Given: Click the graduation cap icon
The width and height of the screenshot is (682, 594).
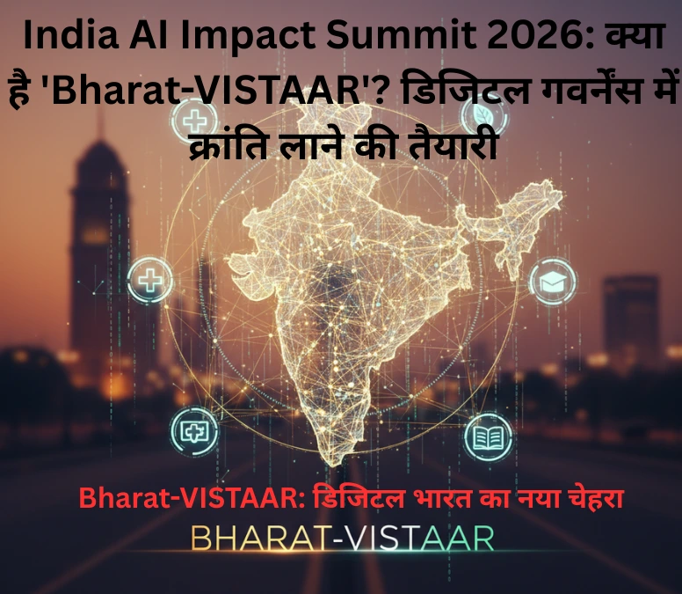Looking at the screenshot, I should (x=554, y=282).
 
